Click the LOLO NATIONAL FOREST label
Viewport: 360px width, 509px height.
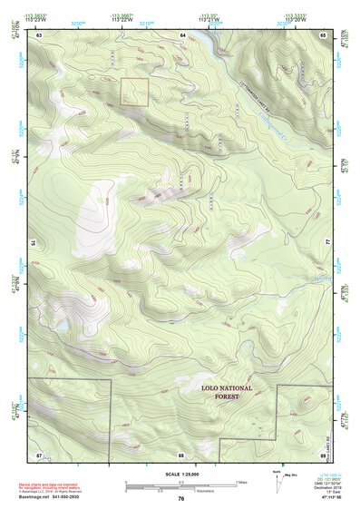tap(227, 392)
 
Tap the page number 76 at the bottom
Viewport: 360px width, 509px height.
tap(180, 498)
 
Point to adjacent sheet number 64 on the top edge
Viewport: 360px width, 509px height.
tap(182, 34)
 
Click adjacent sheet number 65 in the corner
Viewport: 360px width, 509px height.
tap(323, 34)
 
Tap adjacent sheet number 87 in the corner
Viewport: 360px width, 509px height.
tap(39, 454)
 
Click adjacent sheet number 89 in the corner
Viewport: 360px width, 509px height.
tap(323, 454)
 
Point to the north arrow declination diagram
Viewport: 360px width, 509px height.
tap(276, 478)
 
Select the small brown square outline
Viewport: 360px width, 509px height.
tap(134, 92)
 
